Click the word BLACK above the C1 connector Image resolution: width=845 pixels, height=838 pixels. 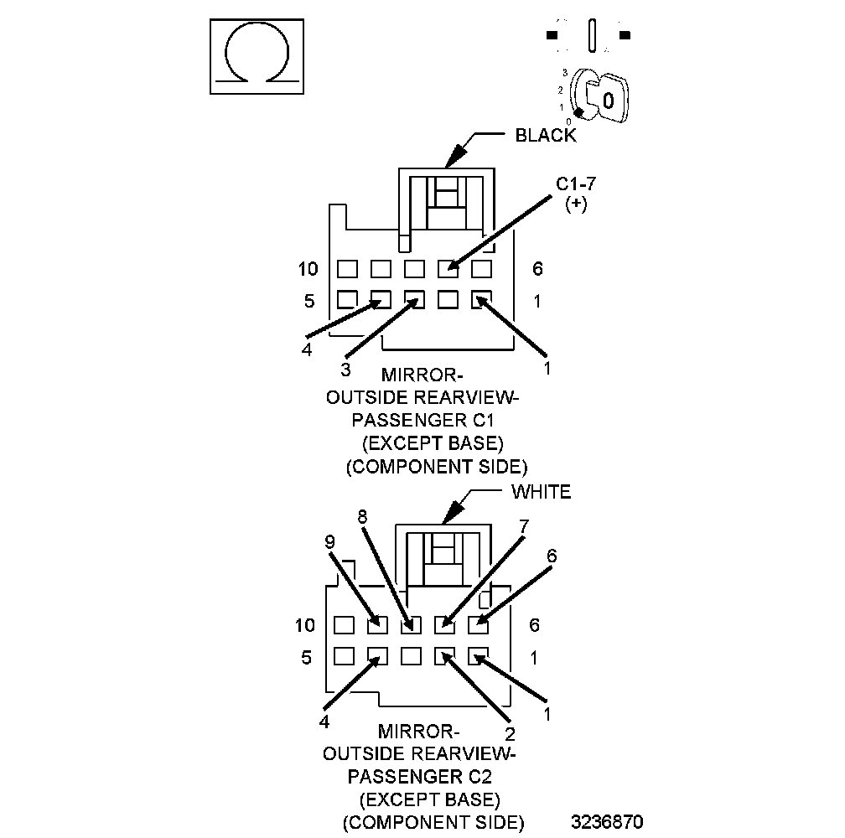click(546, 136)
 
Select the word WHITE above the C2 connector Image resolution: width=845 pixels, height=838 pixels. click(541, 492)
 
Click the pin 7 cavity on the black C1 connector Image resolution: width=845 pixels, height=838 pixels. click(448, 269)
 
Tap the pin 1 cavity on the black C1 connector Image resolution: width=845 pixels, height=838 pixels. click(480, 299)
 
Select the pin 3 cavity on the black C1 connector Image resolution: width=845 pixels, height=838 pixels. click(414, 299)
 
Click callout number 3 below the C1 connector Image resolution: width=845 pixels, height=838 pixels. click(345, 370)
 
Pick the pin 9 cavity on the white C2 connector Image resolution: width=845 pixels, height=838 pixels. click(377, 624)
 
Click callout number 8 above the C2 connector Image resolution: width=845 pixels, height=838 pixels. click(362, 518)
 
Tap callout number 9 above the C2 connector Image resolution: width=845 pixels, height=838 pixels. click(329, 542)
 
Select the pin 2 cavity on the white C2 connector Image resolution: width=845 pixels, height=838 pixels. click(444, 656)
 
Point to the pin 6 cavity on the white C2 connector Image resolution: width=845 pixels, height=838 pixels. click(478, 624)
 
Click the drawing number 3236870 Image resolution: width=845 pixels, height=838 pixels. click(608, 820)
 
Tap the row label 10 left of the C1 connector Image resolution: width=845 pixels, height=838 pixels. click(308, 269)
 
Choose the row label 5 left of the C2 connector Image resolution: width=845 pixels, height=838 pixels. click(306, 657)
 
